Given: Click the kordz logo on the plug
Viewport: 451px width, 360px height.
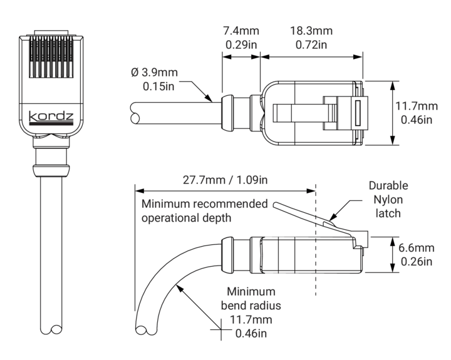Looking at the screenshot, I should pos(51,116).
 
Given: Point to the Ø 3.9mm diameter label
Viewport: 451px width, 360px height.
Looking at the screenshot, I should pos(153,73).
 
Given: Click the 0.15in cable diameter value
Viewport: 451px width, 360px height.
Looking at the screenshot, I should pos(158,86).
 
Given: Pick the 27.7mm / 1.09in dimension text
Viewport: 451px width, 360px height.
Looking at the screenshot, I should pos(225,180).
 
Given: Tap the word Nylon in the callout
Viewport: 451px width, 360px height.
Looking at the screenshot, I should pos(388,200).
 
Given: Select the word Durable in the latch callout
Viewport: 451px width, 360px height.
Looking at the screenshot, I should pos(388,186).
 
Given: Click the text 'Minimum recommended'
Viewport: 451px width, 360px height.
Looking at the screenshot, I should pos(205,204).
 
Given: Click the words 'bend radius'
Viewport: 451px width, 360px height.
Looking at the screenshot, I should pos(251,306).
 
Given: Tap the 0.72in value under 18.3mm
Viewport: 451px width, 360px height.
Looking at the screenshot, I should pos(311,45).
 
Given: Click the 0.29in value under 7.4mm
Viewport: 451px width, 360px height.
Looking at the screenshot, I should pos(241,45).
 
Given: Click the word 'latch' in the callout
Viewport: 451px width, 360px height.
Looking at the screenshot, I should pos(388,213).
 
